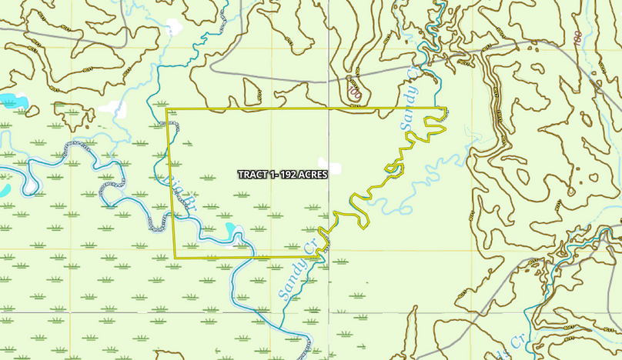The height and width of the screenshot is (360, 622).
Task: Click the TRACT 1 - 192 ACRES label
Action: click(283, 175)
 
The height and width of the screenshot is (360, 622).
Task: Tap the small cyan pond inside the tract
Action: click(231, 229)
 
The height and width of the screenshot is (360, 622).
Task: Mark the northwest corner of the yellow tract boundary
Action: click(167, 109)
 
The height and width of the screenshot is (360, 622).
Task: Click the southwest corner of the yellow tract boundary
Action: click(175, 256)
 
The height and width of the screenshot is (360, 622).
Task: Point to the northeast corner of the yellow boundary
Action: click(446, 108)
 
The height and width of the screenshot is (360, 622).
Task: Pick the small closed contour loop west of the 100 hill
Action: click(253, 88)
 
